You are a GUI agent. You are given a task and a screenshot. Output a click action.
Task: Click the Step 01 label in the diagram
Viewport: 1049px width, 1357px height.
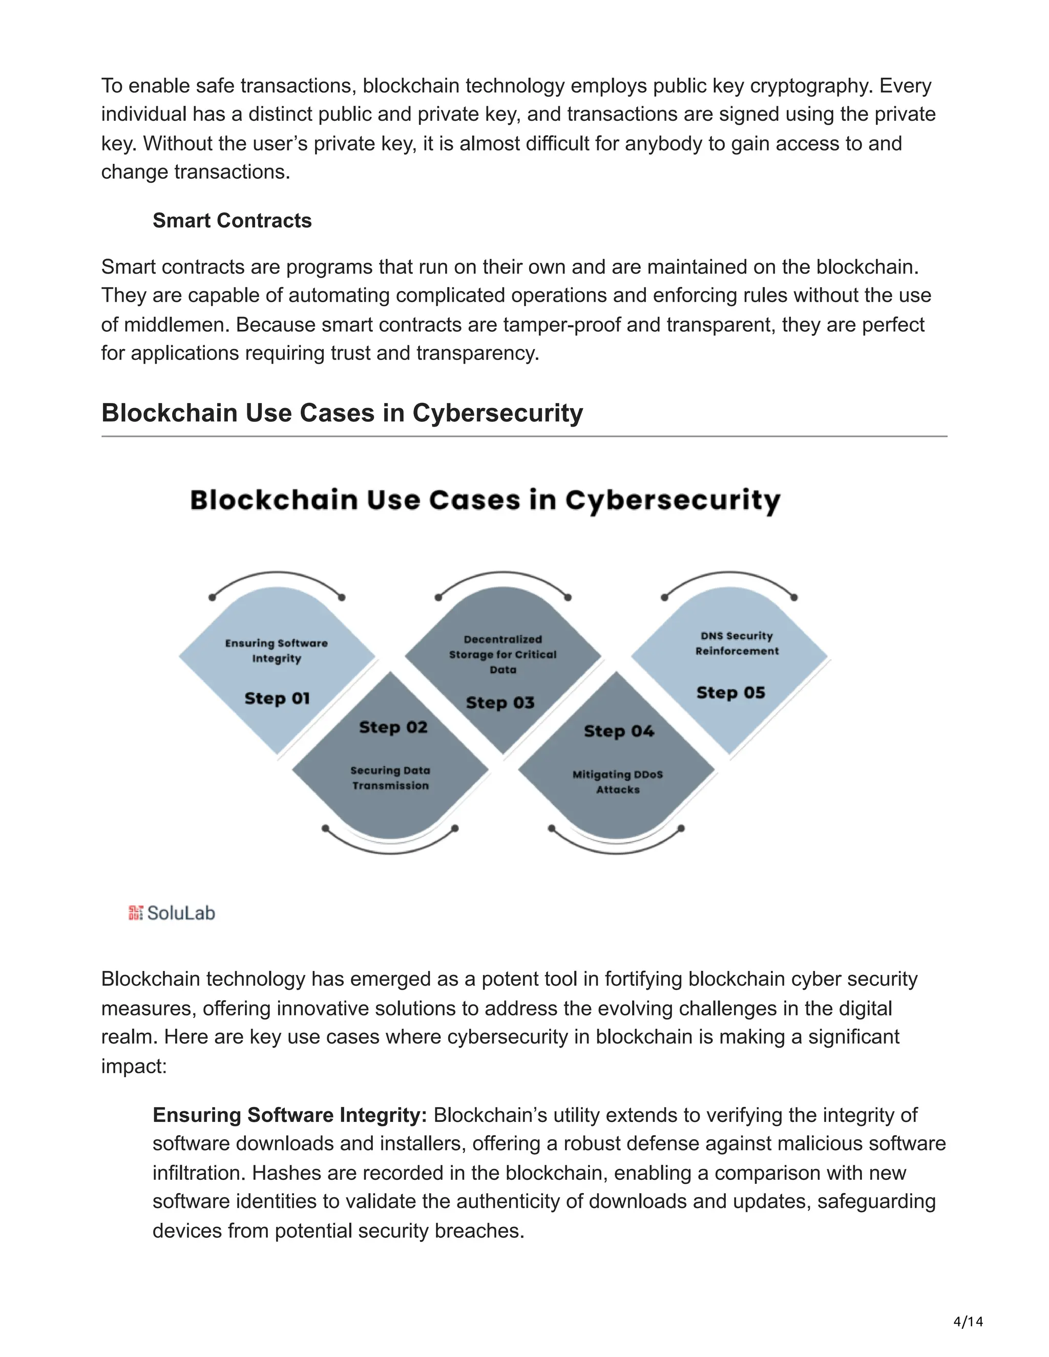pos(277,698)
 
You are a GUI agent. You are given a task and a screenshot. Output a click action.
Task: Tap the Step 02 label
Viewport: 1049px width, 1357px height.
pos(393,727)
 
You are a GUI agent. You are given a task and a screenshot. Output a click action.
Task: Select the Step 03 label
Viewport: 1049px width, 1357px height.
pos(500,703)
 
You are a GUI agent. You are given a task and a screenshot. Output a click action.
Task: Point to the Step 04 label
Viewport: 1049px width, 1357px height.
pos(619,731)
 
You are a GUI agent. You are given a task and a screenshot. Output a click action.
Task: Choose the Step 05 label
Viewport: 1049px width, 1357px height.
pos(730,693)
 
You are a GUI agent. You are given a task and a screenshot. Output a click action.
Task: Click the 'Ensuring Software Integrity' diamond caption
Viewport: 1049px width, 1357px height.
pos(277,650)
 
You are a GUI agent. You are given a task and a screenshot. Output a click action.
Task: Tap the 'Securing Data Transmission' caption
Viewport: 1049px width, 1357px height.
pos(390,778)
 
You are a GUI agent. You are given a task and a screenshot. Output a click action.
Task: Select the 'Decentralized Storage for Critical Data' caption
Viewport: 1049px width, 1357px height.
pos(503,654)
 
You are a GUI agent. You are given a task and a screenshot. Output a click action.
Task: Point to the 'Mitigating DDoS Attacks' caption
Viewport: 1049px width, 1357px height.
pos(618,781)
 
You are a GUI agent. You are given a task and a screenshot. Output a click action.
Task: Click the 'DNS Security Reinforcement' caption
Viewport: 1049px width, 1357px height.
pos(737,643)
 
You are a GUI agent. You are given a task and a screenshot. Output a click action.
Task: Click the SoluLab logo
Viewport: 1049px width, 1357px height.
pos(172,913)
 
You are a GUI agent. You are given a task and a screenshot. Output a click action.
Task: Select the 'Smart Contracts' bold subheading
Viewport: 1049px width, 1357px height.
pos(232,221)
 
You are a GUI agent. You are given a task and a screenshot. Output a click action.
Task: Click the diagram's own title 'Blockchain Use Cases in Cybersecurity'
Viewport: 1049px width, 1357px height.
pos(485,501)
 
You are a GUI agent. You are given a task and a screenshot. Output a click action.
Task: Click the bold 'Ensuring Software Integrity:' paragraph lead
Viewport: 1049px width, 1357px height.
pos(289,1115)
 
